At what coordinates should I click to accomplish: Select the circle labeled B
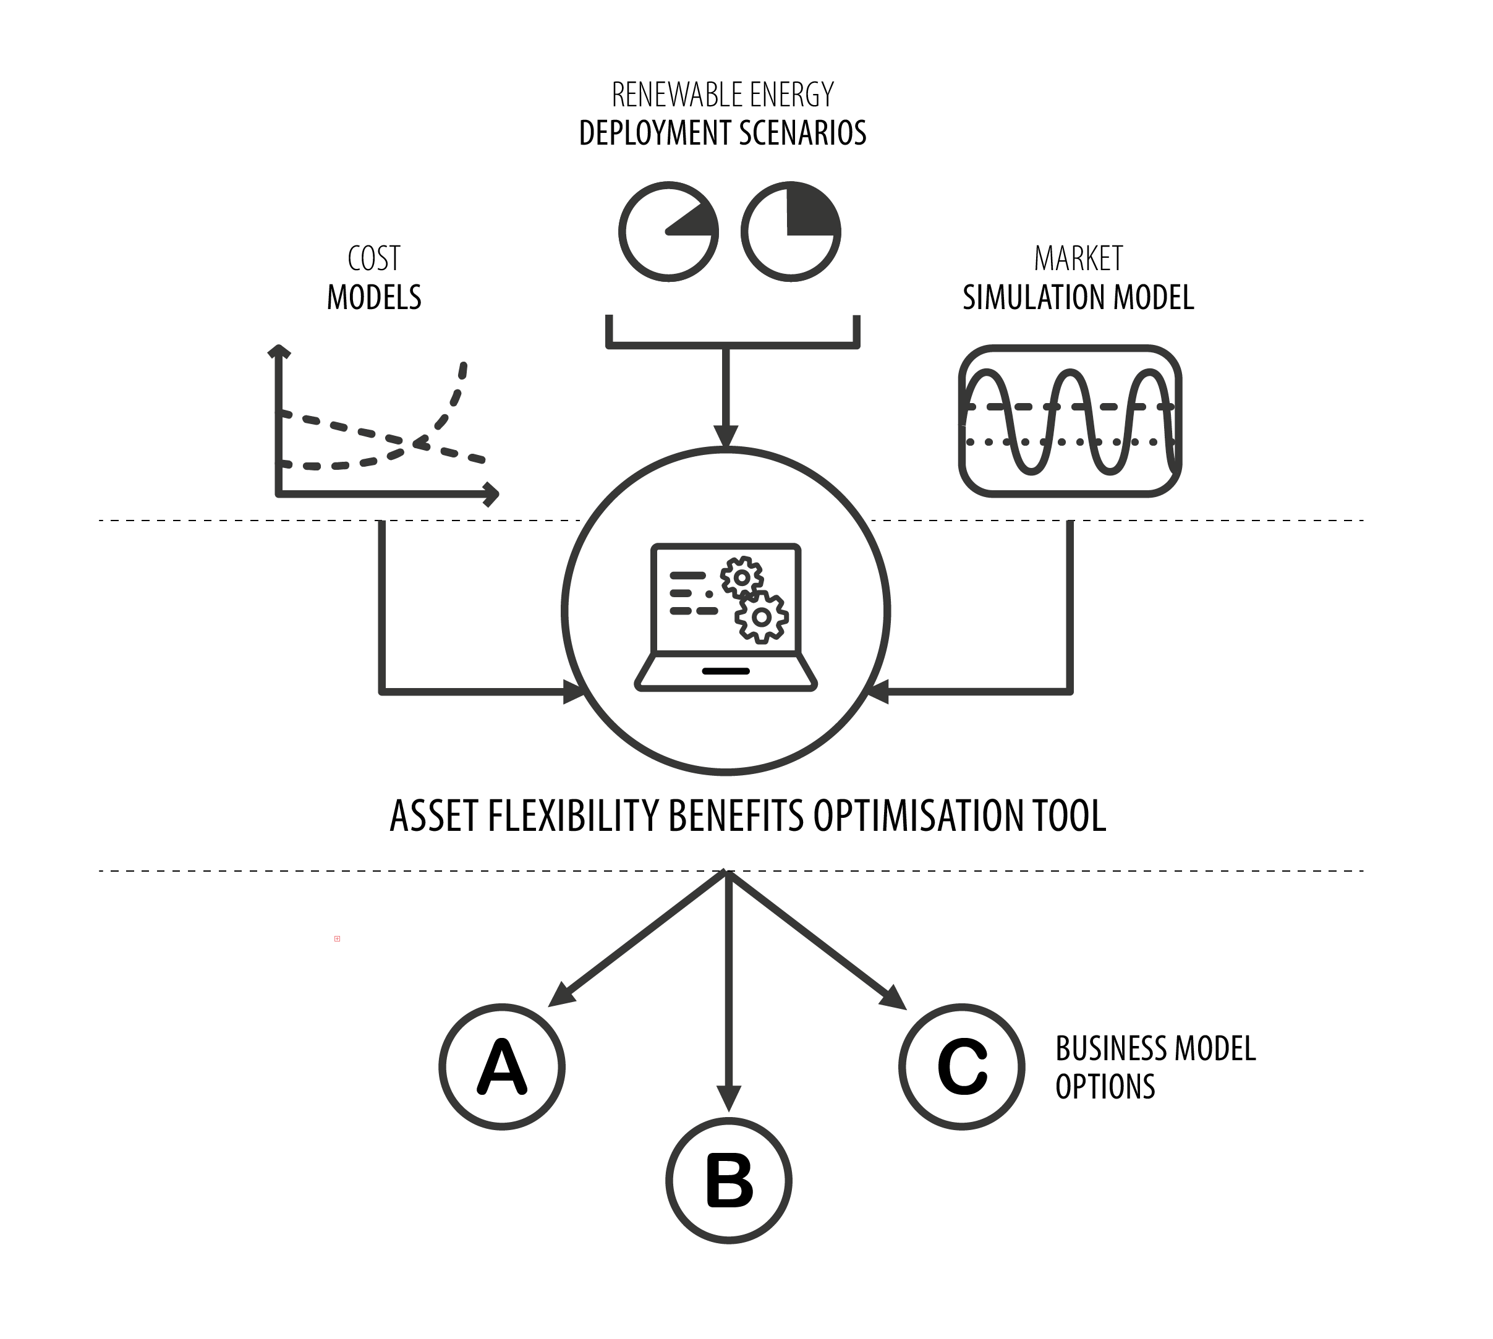pyautogui.click(x=728, y=1180)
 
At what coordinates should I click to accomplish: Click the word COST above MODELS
pyautogui.click(x=374, y=258)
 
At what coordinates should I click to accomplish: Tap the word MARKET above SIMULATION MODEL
pyautogui.click(x=1078, y=258)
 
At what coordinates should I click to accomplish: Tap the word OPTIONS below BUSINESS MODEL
pyautogui.click(x=1105, y=1087)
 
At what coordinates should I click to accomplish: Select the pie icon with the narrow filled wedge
pyautogui.click(x=668, y=232)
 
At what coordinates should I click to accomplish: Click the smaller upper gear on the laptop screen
pyautogui.click(x=742, y=577)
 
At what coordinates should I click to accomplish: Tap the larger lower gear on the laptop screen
pyautogui.click(x=762, y=616)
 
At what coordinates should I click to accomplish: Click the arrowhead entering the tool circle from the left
pyautogui.click(x=573, y=692)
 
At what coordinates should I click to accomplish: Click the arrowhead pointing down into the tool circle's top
pyautogui.click(x=726, y=436)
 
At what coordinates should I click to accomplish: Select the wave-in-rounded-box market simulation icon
pyautogui.click(x=1070, y=421)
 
